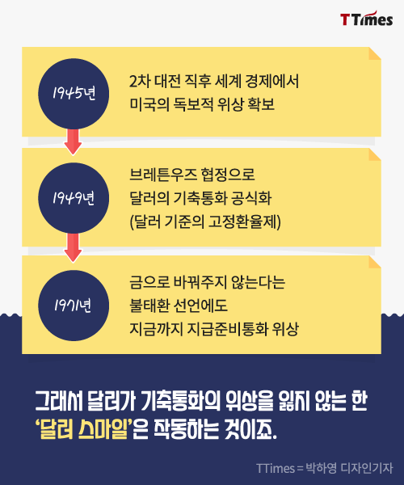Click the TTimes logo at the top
(367, 19)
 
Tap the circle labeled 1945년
(74, 94)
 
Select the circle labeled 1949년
(74, 198)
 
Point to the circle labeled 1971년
(74, 306)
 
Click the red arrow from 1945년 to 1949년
(73, 141)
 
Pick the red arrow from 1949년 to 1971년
(73, 247)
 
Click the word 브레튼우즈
(163, 175)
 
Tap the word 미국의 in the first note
(149, 104)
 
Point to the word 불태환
(150, 306)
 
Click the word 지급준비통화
(228, 329)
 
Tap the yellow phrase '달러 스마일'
(84, 428)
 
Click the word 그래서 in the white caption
(59, 401)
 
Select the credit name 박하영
(321, 468)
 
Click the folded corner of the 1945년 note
(375, 53)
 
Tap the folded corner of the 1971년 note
(375, 262)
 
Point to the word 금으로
(149, 282)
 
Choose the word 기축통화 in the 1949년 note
(200, 198)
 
